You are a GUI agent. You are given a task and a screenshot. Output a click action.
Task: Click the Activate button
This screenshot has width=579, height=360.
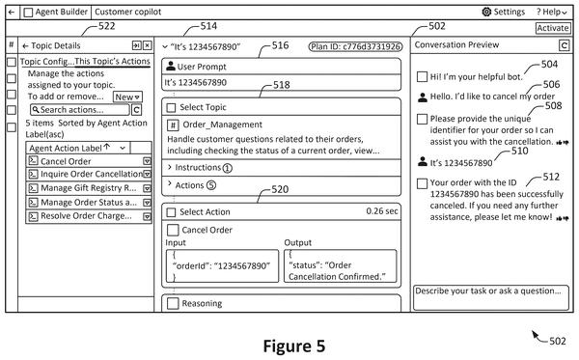tap(553, 28)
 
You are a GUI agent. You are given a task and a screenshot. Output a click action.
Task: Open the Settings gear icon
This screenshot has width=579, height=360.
tap(486, 12)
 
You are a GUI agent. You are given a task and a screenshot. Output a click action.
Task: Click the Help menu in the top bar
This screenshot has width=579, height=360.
tap(551, 13)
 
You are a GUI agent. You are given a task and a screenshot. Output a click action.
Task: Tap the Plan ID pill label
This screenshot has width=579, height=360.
tap(355, 46)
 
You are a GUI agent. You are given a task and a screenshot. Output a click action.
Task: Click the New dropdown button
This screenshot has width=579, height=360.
tap(127, 97)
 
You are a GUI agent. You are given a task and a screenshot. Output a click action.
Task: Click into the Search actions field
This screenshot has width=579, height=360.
tap(80, 110)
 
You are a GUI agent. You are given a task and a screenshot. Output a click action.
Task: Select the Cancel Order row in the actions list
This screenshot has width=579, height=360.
tap(89, 161)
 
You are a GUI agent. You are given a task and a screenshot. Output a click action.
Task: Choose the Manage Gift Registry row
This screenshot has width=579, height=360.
tap(89, 188)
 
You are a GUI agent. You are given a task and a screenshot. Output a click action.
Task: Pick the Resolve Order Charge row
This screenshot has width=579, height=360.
tap(89, 216)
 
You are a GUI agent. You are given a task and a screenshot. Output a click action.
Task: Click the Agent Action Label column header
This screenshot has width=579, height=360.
tap(78, 148)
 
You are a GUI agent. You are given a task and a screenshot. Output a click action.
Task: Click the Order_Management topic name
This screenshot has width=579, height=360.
tap(222, 125)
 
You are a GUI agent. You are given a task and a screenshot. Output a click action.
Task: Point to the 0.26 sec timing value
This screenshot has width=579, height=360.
tap(382, 211)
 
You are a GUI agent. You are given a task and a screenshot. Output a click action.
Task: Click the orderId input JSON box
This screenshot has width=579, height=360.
tap(222, 265)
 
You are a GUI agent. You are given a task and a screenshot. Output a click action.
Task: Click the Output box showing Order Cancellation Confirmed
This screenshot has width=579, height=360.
tap(340, 265)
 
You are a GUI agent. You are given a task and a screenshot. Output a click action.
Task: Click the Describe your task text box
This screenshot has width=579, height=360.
tap(491, 297)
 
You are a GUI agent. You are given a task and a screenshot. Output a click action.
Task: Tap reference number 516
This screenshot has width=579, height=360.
tap(280, 45)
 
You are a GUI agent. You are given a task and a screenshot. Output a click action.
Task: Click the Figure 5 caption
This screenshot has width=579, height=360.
tap(294, 346)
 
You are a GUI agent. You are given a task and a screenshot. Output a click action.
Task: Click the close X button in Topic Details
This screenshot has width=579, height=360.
tap(147, 45)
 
